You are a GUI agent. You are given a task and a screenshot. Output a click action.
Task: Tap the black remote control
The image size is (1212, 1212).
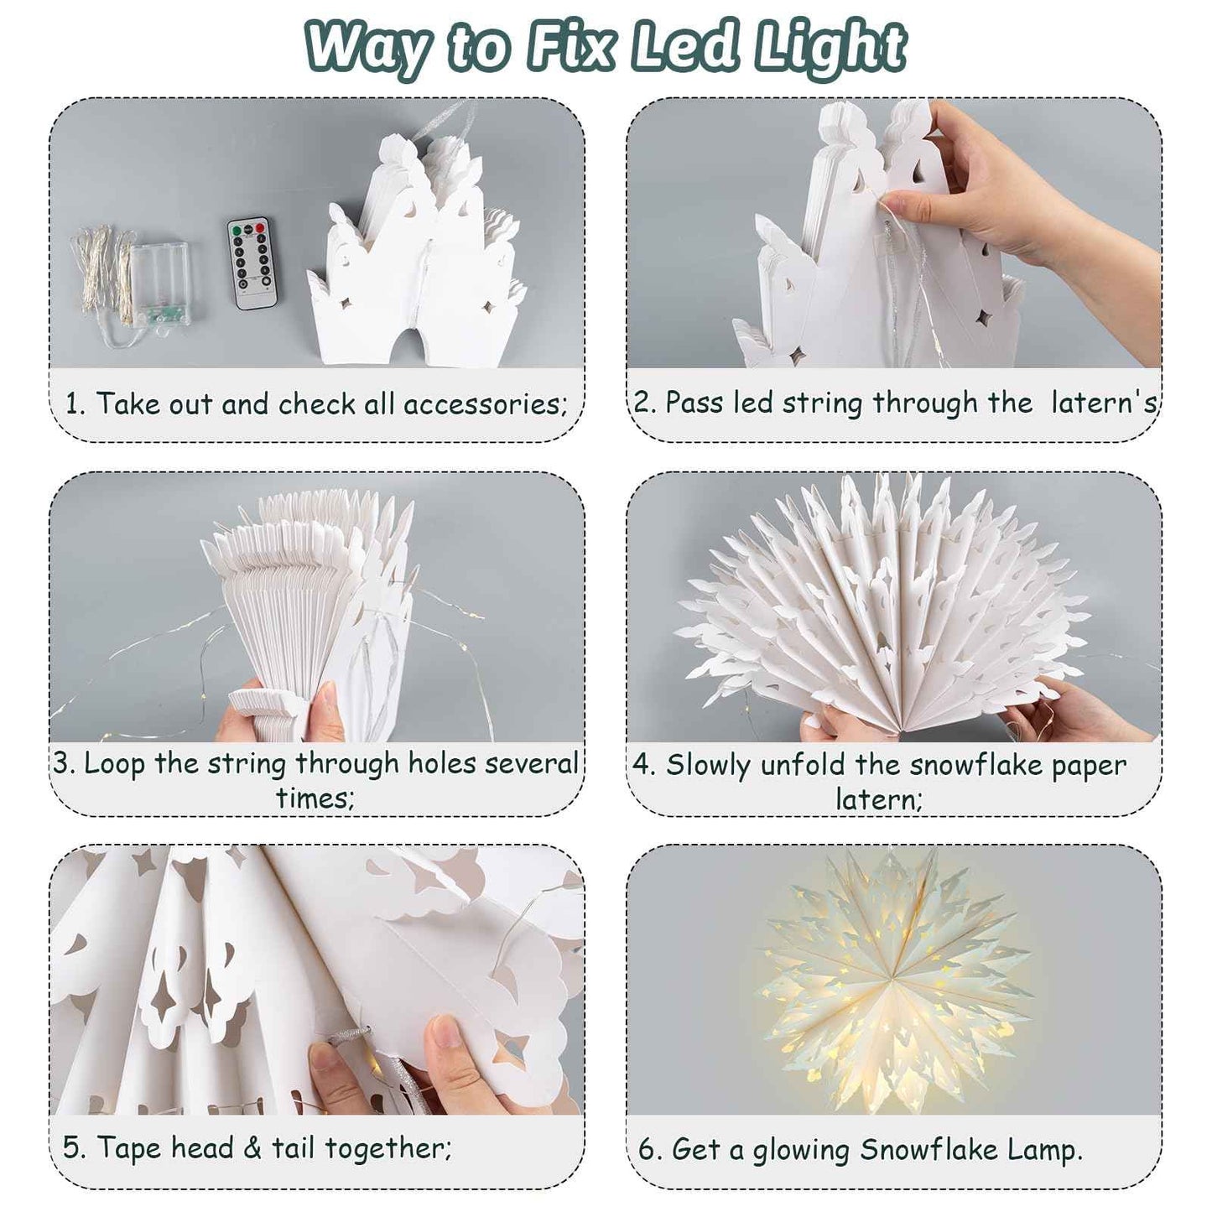tap(252, 263)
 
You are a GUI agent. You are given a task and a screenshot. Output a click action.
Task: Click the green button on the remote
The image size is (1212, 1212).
tap(239, 228)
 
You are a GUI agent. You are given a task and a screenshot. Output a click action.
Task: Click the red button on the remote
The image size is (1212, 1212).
tap(259, 227)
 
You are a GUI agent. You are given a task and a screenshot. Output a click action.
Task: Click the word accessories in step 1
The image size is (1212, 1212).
tap(484, 404)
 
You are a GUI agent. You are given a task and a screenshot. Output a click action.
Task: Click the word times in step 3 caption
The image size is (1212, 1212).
tap(315, 798)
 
